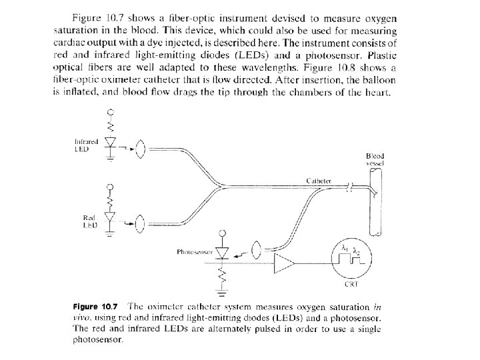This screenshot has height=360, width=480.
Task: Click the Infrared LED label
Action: pos(86,145)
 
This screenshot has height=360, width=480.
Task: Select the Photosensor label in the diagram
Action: pos(194,252)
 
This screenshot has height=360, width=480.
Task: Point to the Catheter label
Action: pos(319,181)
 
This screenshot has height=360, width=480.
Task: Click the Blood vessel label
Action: pos(375,159)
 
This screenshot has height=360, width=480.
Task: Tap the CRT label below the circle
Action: pos(351,284)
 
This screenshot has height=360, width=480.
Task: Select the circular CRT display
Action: pos(351,257)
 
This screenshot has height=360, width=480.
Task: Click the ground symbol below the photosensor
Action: pos(223,291)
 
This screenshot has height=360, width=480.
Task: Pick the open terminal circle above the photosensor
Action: pos(223,233)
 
